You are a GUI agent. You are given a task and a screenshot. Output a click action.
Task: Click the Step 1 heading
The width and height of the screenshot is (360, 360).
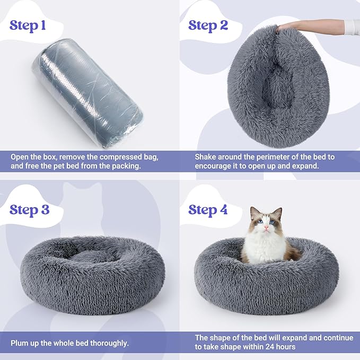pos(31,26)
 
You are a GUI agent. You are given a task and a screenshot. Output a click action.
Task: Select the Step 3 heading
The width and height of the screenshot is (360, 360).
pos(30,209)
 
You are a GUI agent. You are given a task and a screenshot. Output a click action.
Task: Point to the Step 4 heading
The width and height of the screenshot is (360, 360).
pos(208,209)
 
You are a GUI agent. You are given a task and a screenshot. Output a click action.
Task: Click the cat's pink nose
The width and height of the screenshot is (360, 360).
pos(266,229)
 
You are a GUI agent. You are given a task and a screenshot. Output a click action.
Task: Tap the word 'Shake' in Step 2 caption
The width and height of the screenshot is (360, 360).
pos(206,157)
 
